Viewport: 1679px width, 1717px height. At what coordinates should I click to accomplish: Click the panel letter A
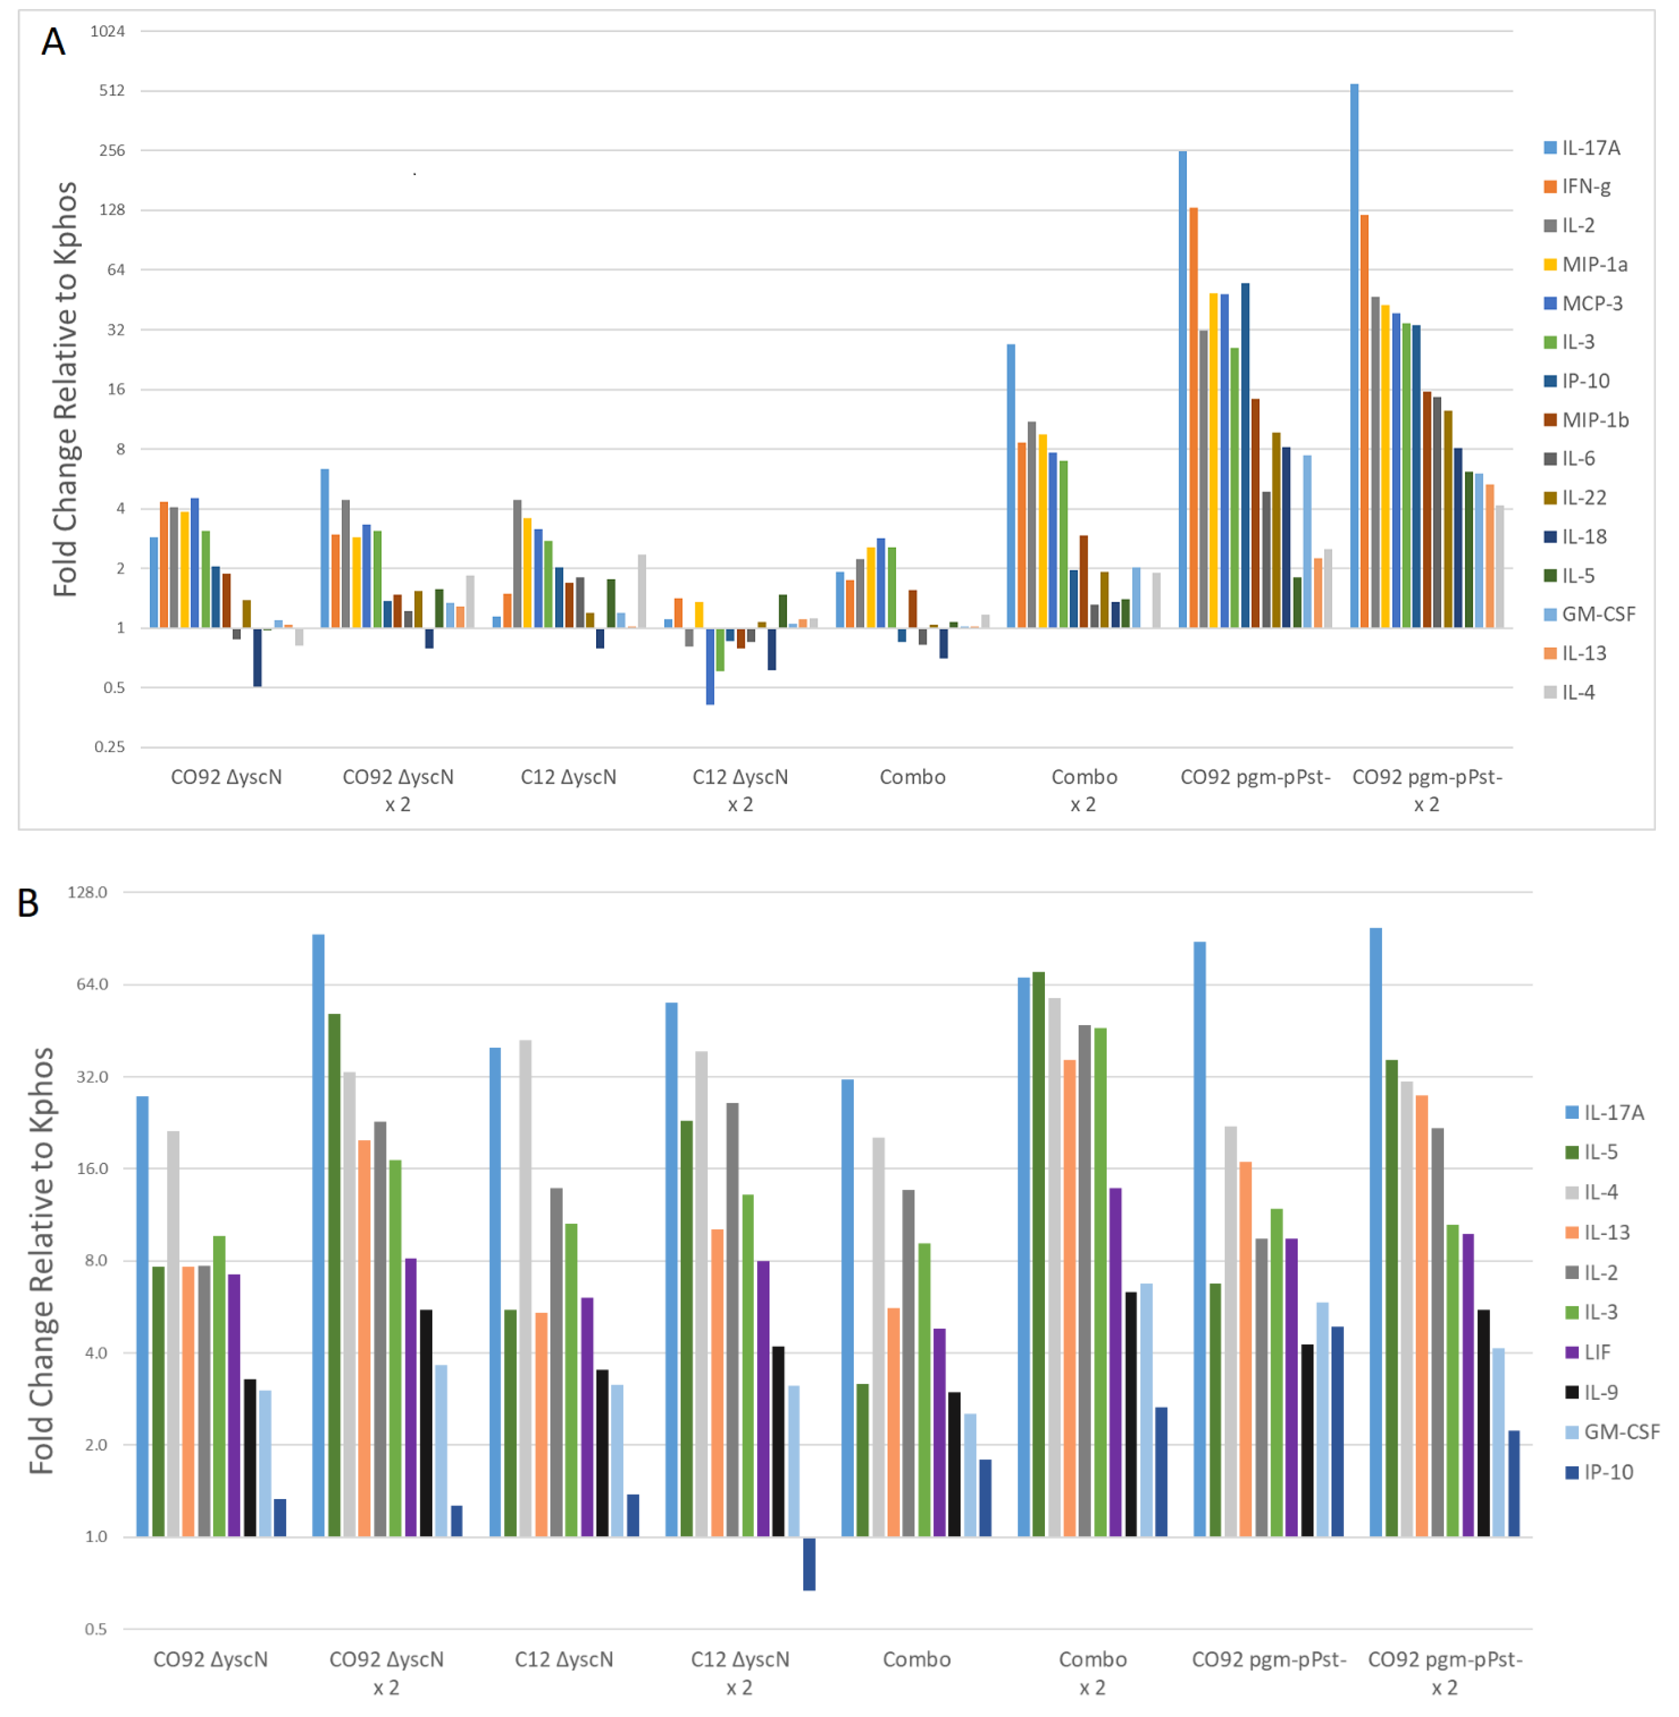tap(53, 41)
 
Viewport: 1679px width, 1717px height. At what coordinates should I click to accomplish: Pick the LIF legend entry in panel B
tap(1596, 1352)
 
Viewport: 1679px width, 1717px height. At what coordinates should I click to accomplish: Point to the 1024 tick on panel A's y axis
tap(108, 31)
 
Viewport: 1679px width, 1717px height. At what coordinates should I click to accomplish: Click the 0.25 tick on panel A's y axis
tap(109, 747)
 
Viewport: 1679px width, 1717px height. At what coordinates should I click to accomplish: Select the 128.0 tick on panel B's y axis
tap(87, 893)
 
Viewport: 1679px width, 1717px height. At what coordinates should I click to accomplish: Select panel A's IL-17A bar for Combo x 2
tap(1011, 485)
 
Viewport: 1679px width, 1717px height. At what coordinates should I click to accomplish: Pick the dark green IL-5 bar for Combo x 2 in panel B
tap(1039, 1252)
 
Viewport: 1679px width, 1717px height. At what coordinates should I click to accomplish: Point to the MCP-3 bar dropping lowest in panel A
tap(710, 666)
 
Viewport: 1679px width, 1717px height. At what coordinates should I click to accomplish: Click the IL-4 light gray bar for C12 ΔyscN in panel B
tap(526, 1288)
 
